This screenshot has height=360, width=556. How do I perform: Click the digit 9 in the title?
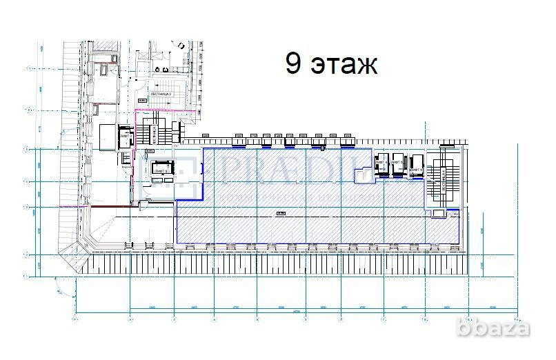click(x=293, y=64)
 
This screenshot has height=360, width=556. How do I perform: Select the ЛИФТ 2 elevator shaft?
click(x=126, y=136)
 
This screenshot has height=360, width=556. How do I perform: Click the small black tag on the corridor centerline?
click(x=281, y=214)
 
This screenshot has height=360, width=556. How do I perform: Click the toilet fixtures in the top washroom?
click(x=163, y=69)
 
